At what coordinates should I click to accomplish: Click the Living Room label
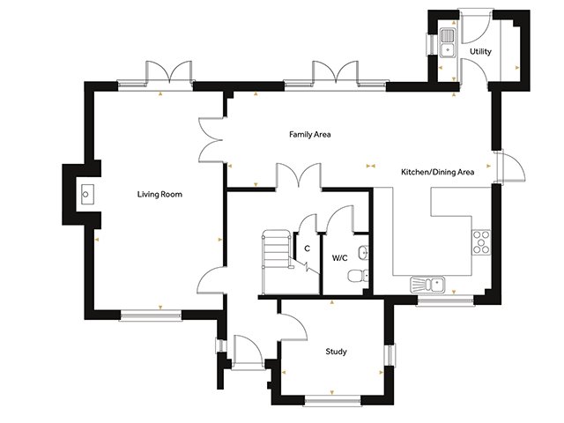click(160, 194)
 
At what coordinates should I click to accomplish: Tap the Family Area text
click(309, 135)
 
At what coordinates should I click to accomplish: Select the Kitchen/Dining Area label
click(437, 172)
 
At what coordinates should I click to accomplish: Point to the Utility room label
click(480, 51)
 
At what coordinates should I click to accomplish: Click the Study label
click(337, 352)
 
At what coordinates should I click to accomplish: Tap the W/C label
click(339, 258)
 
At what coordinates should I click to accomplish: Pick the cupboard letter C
click(307, 249)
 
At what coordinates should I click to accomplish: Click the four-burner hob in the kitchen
click(481, 242)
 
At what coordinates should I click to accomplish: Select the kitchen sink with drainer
click(427, 284)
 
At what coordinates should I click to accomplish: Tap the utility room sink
click(448, 42)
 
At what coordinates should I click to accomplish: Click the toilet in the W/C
click(358, 276)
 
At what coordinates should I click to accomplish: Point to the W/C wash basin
click(364, 253)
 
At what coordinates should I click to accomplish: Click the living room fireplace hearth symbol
click(87, 194)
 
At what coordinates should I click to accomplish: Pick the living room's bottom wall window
click(151, 315)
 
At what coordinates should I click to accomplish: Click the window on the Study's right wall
click(390, 355)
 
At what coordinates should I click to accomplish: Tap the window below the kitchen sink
click(445, 301)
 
